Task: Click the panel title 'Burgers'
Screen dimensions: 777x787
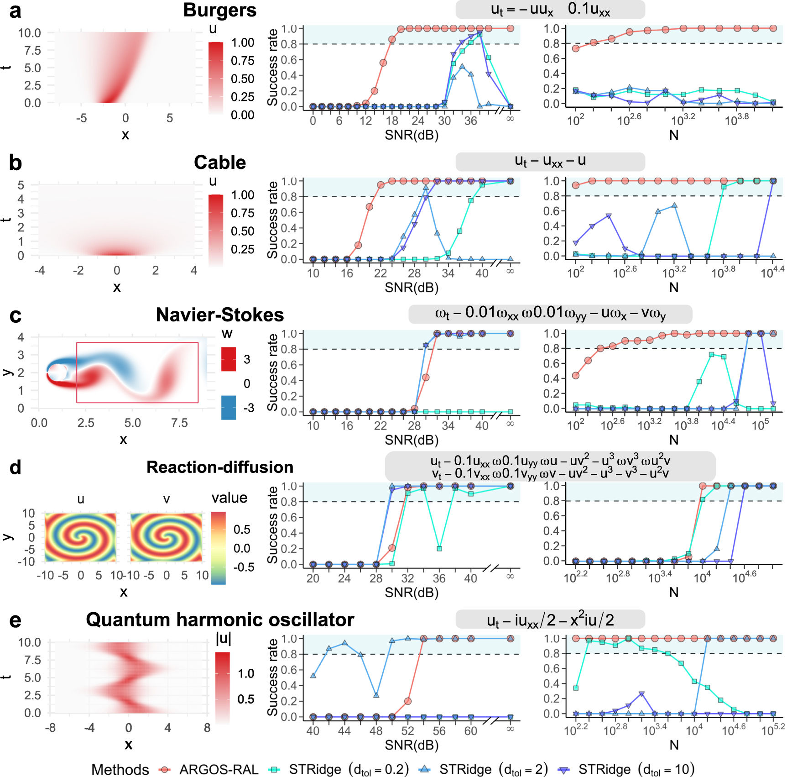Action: pos(219,10)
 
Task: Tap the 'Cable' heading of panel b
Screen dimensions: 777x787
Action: pos(219,163)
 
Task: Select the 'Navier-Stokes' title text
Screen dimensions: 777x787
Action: pos(219,315)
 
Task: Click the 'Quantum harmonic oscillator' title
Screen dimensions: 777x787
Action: pos(219,620)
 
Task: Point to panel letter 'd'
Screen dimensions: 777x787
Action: pos(15,467)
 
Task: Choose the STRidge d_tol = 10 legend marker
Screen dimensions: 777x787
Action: pos(564,770)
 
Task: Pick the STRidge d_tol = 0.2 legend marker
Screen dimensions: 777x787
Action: pos(274,770)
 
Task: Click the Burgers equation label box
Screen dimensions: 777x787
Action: pos(550,9)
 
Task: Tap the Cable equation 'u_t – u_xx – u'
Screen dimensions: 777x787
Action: pos(550,161)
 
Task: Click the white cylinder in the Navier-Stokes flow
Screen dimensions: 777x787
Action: pos(57,373)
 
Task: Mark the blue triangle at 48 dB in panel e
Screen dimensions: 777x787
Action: pos(376,695)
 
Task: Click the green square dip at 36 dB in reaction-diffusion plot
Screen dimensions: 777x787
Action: pos(439,549)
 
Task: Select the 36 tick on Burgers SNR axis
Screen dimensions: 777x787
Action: pos(470,121)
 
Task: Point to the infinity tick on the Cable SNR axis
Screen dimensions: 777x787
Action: pos(510,272)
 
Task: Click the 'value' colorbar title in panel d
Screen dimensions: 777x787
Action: pos(229,498)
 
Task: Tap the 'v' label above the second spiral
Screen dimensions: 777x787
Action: pos(167,499)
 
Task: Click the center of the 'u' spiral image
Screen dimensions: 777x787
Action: pos(81,537)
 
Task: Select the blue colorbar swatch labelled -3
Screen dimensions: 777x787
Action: pos(229,407)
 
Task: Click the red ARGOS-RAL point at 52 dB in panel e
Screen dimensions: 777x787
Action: pos(407,701)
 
